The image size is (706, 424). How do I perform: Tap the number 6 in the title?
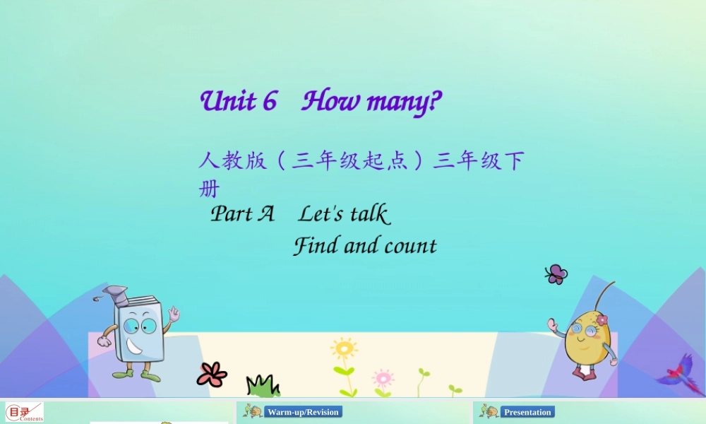(270, 102)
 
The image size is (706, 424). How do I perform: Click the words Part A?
(242, 213)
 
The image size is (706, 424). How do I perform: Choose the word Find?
(315, 246)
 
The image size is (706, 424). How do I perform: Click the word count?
(410, 246)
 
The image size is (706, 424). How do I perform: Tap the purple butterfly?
(556, 274)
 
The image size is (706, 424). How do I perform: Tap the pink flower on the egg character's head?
(602, 320)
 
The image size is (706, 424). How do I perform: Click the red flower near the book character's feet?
(212, 374)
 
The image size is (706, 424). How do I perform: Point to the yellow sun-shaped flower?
(344, 349)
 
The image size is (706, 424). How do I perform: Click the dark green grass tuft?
(263, 386)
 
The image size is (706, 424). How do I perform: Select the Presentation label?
(527, 412)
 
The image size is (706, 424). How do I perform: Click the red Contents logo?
(24, 412)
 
